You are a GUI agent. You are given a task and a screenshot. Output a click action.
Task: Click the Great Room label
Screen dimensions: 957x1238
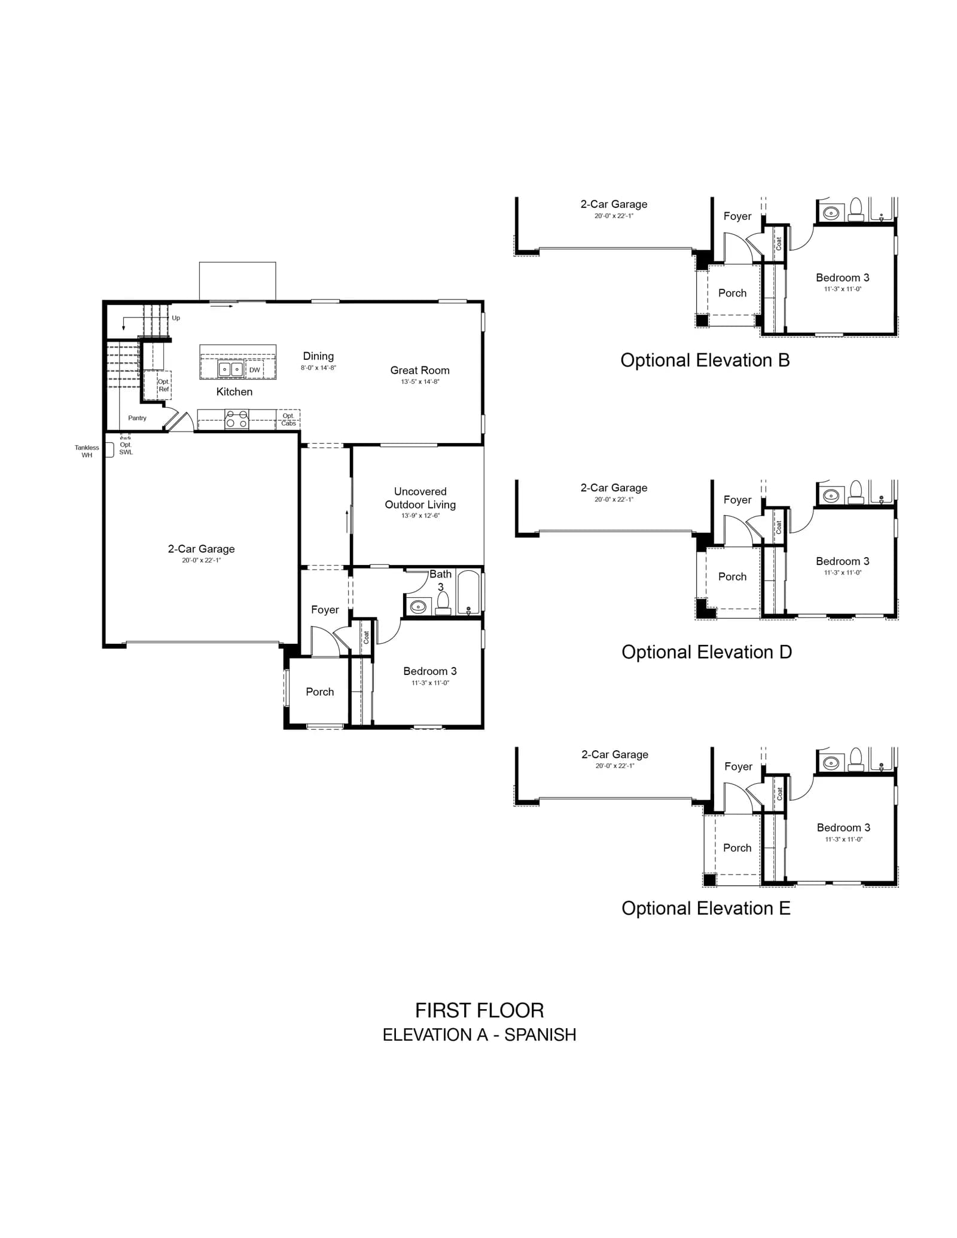click(420, 371)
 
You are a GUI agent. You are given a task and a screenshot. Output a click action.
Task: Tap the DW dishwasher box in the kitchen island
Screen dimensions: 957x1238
click(255, 370)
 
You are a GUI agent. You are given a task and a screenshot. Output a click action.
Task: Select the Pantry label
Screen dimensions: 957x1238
click(137, 418)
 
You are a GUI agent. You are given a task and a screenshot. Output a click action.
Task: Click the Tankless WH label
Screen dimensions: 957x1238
click(87, 451)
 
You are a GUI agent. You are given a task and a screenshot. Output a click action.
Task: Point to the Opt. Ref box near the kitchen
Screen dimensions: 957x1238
click(157, 385)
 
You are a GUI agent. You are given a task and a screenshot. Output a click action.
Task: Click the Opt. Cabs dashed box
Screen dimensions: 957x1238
click(288, 419)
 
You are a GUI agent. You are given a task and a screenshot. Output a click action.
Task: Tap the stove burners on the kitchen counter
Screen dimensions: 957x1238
click(237, 419)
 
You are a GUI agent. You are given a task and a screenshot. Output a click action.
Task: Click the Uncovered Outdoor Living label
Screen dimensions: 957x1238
click(420, 498)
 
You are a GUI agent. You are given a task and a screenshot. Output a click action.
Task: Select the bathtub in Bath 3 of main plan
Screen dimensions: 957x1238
click(468, 592)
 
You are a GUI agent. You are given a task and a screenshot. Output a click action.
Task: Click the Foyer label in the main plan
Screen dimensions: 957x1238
click(325, 610)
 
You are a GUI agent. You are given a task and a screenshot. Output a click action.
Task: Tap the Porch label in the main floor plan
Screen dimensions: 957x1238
click(320, 692)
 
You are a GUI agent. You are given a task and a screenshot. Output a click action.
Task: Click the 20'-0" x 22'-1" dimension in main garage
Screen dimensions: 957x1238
click(202, 561)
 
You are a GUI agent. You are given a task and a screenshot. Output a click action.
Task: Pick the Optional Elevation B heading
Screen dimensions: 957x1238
click(705, 360)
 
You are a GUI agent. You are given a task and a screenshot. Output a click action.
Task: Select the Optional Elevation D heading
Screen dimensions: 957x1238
click(707, 652)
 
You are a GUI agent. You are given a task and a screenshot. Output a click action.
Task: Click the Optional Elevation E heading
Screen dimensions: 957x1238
click(706, 909)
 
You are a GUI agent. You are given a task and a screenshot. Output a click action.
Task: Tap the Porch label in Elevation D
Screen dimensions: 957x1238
click(733, 577)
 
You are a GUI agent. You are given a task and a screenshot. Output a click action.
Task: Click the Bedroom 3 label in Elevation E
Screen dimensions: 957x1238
click(844, 828)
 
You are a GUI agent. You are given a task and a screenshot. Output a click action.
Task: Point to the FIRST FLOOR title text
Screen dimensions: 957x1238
click(480, 1011)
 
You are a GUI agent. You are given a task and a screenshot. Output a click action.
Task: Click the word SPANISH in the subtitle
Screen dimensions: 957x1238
click(540, 1035)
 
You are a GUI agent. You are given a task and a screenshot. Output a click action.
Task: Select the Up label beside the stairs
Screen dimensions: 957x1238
click(176, 318)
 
